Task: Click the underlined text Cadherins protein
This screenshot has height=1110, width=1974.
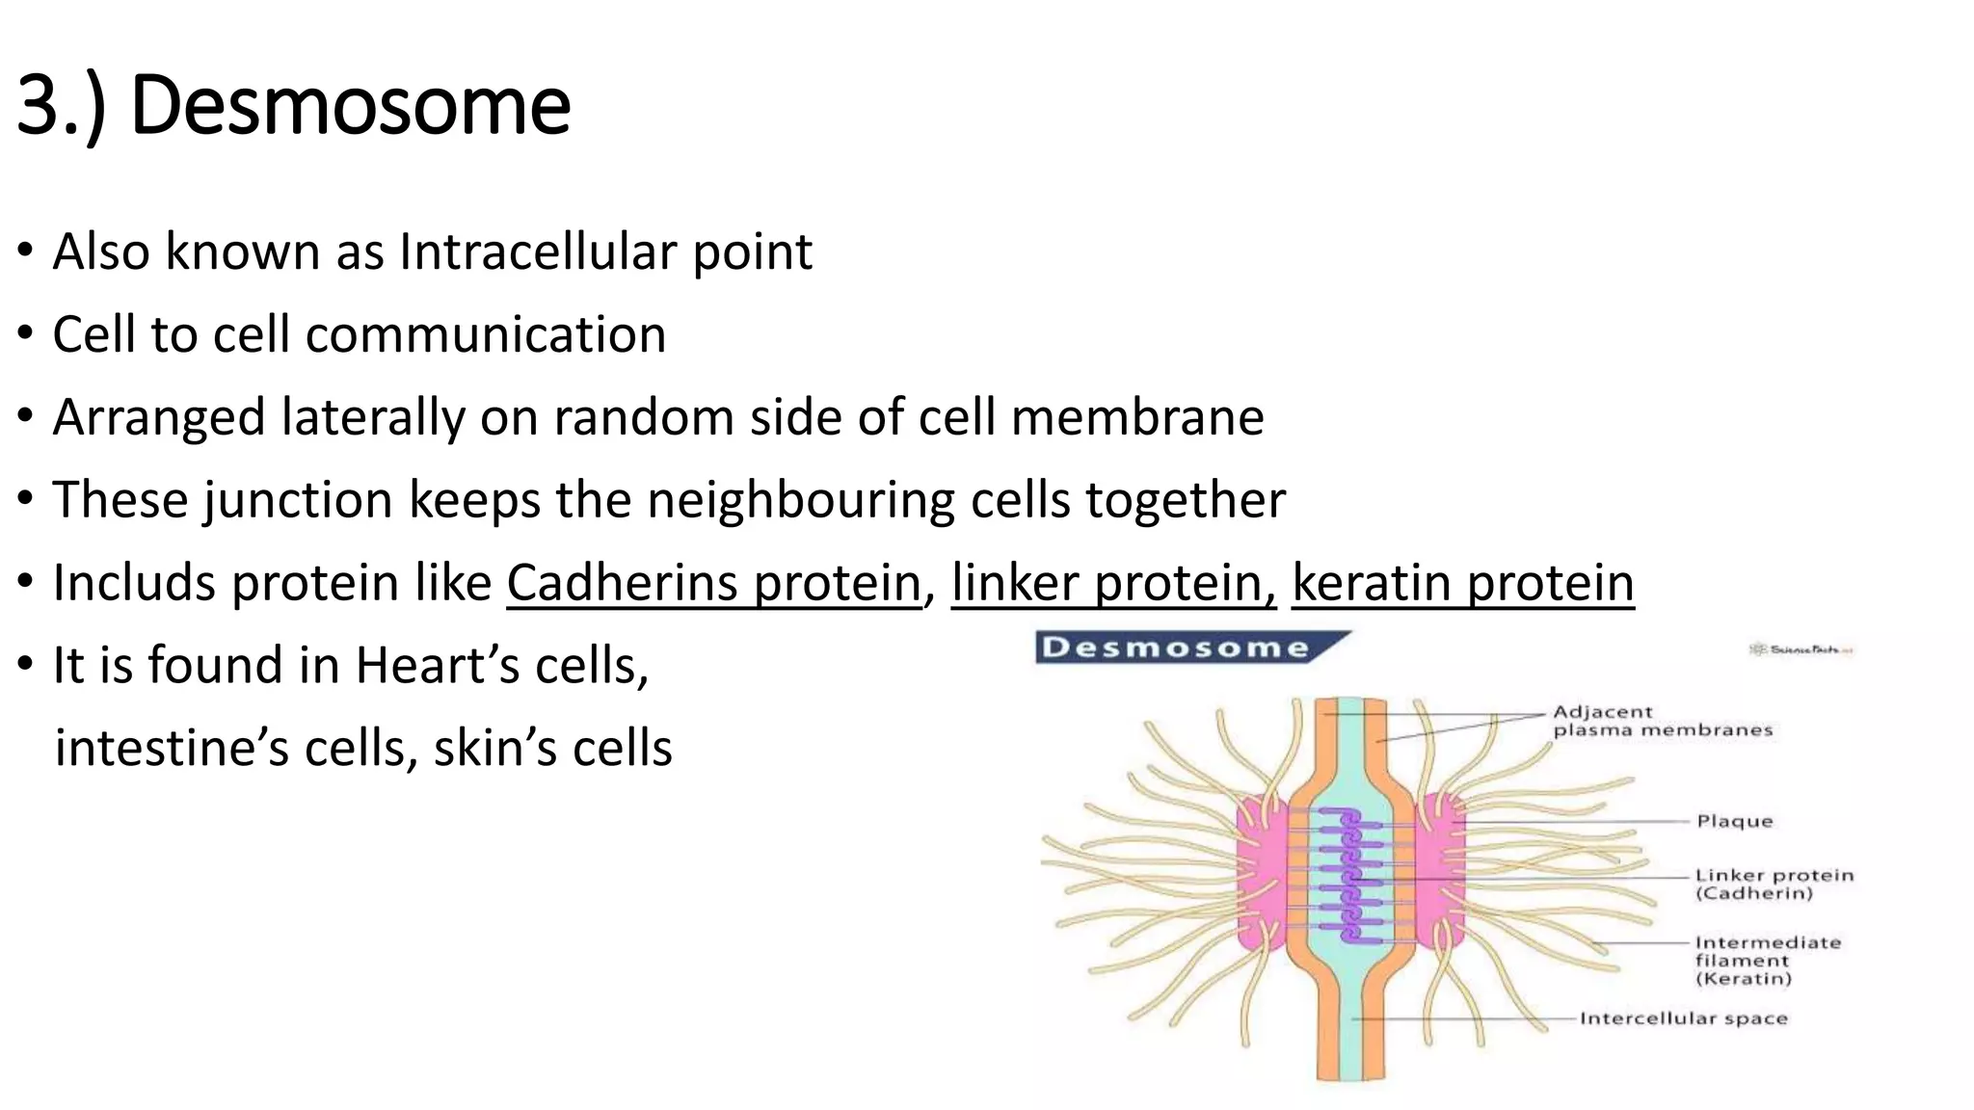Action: click(x=714, y=584)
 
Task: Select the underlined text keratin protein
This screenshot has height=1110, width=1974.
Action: click(x=1462, y=584)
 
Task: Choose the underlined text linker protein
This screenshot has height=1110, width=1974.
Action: click(x=1113, y=584)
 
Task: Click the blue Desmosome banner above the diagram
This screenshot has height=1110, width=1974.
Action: click(x=1176, y=647)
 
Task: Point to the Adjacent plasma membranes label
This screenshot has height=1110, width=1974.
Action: click(x=1661, y=721)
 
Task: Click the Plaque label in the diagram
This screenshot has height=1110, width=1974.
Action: click(x=1734, y=822)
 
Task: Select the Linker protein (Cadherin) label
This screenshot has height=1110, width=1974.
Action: click(x=1773, y=885)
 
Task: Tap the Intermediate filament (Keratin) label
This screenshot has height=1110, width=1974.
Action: click(x=1766, y=960)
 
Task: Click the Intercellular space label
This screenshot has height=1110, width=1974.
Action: click(x=1683, y=1018)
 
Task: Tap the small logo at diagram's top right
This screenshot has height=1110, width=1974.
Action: click(x=1800, y=650)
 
